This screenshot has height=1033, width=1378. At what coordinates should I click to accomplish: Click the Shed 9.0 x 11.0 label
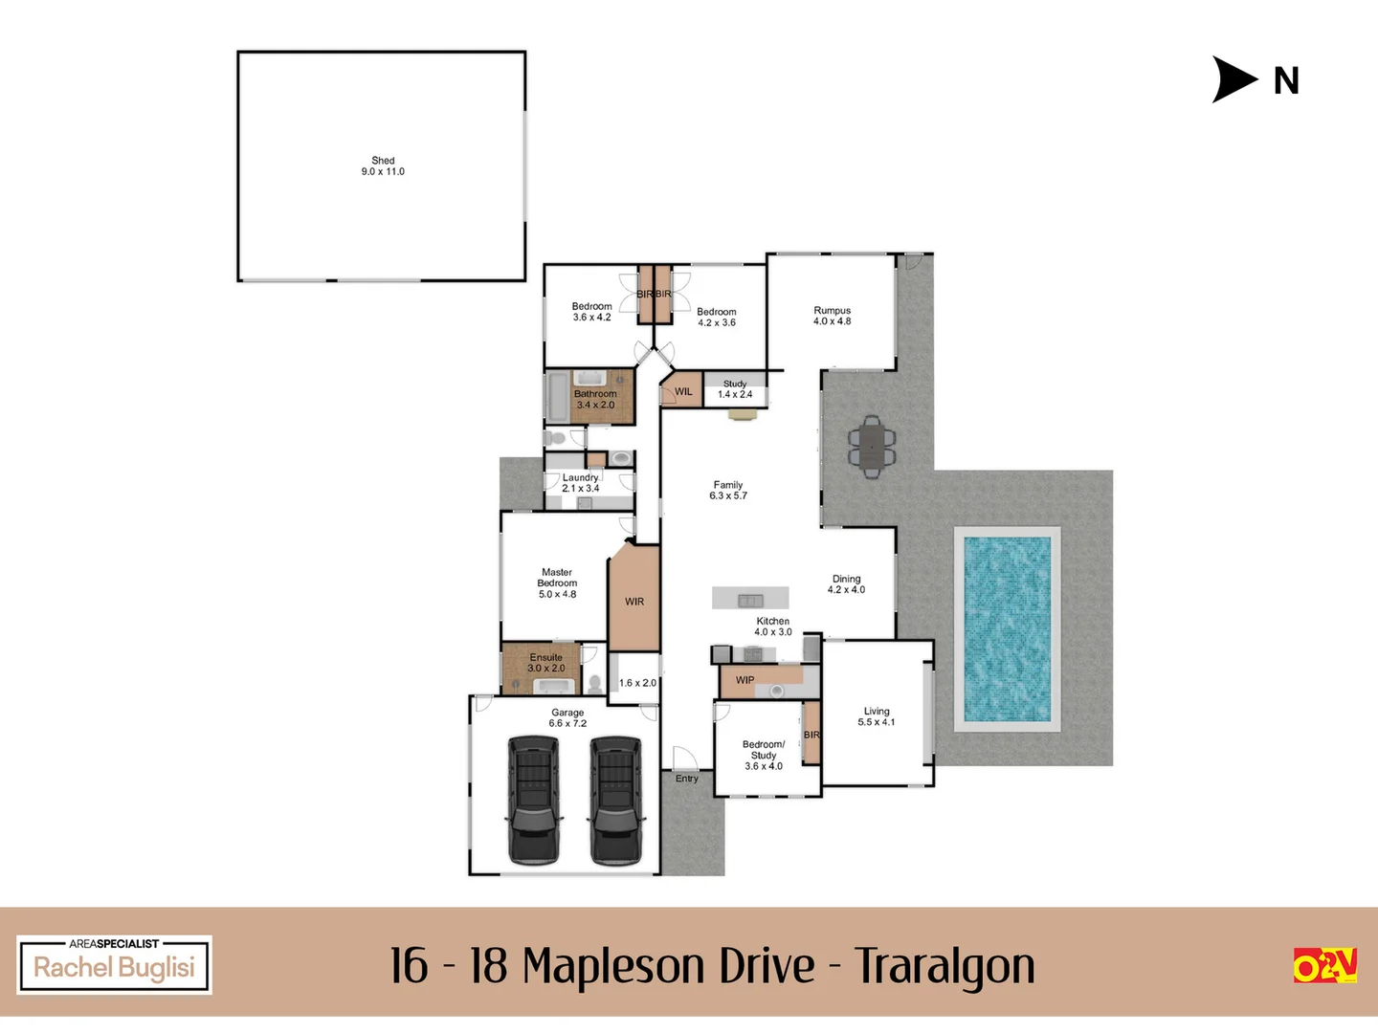[383, 166]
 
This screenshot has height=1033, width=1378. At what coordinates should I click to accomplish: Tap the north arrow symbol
[1234, 79]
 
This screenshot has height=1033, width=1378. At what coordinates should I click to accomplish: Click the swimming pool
[1007, 628]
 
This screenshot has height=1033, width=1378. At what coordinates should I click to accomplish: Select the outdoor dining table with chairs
[872, 447]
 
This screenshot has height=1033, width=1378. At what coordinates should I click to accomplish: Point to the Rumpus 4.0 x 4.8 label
[832, 316]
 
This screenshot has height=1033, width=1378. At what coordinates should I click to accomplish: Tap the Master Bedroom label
[557, 582]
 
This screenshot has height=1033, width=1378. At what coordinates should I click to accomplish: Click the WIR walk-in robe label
[634, 602]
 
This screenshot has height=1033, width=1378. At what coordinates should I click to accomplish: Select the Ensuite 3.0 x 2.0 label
[546, 663]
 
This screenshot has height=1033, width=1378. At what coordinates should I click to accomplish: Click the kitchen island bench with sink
[750, 599]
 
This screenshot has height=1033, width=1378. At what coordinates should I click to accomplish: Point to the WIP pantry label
[745, 680]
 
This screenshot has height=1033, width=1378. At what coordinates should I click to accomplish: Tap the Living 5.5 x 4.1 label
[877, 716]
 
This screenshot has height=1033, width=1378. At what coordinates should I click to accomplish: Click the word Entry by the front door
[687, 779]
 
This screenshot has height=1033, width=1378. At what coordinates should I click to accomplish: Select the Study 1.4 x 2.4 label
[735, 388]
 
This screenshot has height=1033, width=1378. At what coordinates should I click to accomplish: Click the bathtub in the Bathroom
[557, 397]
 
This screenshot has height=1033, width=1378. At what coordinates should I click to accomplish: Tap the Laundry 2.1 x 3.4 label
[580, 483]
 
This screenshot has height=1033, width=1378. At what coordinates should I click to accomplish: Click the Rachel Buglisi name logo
[114, 966]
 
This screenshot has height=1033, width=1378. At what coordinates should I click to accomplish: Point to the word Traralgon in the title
[945, 965]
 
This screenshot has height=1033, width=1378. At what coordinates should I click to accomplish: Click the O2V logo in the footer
[1324, 965]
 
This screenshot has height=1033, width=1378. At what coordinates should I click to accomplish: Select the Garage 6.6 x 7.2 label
[567, 717]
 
